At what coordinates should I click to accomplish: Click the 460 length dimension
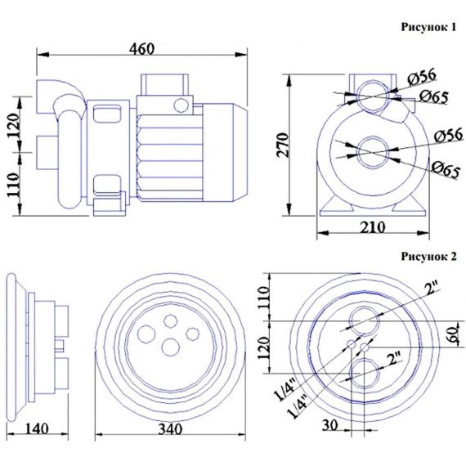pos(141,49)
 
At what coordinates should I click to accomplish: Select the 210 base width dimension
pos(373,227)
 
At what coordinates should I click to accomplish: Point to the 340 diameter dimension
pos(170,429)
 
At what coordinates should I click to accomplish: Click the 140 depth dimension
pos(37,428)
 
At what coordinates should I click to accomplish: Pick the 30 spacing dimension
pos(330,425)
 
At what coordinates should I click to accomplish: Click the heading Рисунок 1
pos(428,27)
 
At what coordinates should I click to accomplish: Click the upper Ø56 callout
pos(422,76)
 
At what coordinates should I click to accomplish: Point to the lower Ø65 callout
pos(446,169)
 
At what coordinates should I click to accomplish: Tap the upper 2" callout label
pos(432,289)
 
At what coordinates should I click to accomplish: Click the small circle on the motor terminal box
pos(181,105)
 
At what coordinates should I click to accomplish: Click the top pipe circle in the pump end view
pos(373,96)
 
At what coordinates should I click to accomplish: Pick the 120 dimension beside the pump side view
pos(14,124)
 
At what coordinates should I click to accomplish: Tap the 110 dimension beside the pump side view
pos(14,185)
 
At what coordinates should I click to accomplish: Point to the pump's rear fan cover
pos(225,152)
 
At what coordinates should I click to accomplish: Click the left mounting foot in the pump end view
pos(334,206)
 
